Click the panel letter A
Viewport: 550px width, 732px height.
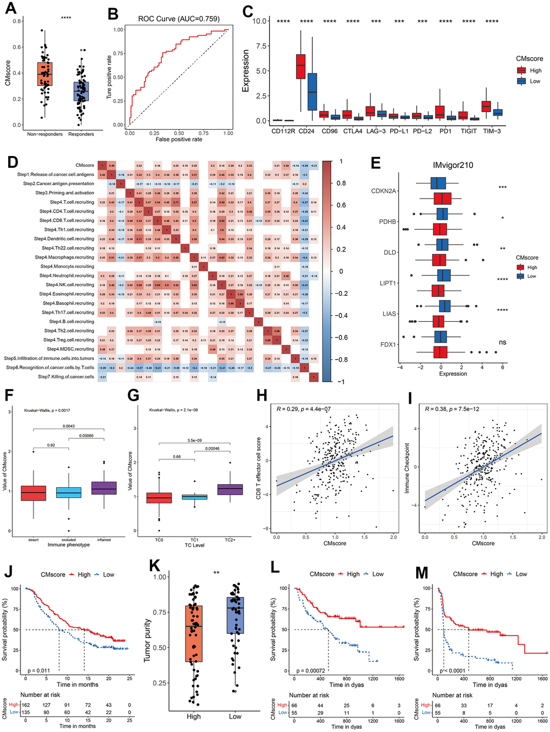coord(10,9)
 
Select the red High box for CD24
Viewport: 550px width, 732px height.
coord(301,66)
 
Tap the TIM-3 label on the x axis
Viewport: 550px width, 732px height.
coord(492,131)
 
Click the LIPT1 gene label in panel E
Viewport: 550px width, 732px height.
coord(387,283)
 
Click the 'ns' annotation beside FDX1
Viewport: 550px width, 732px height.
coord(503,342)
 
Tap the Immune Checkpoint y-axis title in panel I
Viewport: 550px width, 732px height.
coord(407,468)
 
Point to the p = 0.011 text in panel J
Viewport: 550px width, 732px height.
coord(38,670)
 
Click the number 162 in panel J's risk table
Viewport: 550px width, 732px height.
coord(26,704)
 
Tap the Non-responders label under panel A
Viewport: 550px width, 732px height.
coord(45,134)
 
